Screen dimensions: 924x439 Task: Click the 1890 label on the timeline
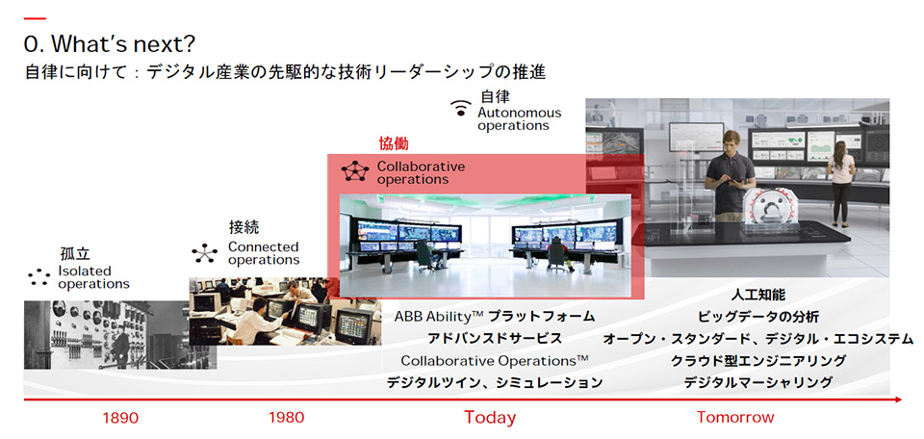(120, 419)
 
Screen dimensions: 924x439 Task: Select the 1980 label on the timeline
(287, 418)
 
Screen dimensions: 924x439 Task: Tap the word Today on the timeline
(490, 418)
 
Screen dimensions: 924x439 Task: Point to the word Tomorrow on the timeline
(734, 418)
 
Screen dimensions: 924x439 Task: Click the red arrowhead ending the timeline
(897, 400)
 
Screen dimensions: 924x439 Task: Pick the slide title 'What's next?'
(109, 44)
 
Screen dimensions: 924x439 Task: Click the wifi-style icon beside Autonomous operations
(461, 109)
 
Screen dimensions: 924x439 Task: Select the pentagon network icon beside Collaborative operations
(355, 171)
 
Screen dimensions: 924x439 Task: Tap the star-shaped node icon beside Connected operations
(204, 253)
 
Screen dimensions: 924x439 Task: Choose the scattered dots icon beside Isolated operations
(39, 277)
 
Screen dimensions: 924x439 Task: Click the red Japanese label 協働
(393, 143)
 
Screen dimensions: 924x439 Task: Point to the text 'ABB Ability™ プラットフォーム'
(495, 317)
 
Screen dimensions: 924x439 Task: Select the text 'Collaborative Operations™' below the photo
(495, 360)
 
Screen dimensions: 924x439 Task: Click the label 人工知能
(757, 295)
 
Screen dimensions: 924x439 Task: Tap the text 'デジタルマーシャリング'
(757, 382)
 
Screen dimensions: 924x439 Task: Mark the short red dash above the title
(35, 19)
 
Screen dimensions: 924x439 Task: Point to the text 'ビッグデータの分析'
(757, 317)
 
